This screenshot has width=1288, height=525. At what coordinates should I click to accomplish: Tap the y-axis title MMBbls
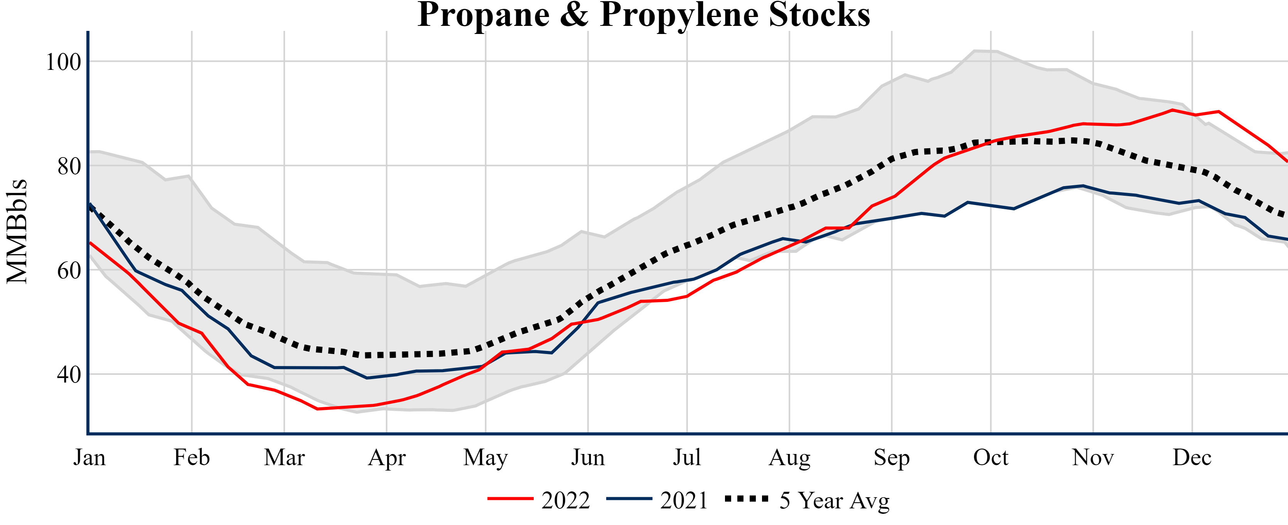(x=17, y=231)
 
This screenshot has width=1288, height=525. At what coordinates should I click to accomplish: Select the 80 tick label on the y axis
(x=69, y=166)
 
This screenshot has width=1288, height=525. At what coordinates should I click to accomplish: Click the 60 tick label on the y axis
(x=69, y=270)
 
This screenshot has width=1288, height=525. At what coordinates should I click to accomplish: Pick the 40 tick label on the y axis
(x=69, y=374)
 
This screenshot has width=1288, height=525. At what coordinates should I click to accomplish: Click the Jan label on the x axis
(x=89, y=457)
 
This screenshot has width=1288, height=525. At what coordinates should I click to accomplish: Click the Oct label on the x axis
(x=991, y=457)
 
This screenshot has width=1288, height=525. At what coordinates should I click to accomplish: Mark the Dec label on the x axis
(x=1192, y=457)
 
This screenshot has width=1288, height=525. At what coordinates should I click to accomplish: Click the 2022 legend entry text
(x=565, y=500)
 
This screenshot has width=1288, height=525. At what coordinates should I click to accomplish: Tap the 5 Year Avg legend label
(x=835, y=500)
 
